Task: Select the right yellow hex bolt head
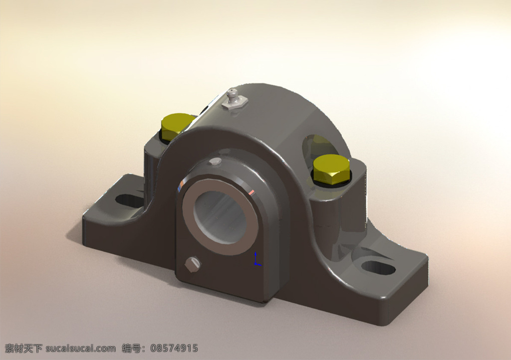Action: [x=331, y=169]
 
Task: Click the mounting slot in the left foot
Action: [x=129, y=200]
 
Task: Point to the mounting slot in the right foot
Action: [x=378, y=268]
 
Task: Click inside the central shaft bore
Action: [x=220, y=217]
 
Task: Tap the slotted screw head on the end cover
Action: [x=193, y=264]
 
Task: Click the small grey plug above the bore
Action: [x=216, y=161]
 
